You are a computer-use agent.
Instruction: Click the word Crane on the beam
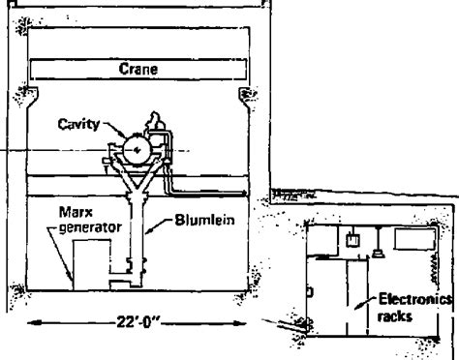click(x=138, y=69)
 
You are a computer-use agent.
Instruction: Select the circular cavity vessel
click(x=138, y=150)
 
